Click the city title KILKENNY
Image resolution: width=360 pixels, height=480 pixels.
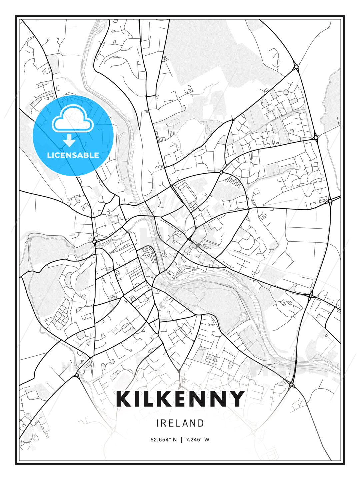pos(180,399)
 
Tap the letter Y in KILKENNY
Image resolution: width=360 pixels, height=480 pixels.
pos(237,399)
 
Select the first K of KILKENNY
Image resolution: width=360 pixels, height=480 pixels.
pos(124,399)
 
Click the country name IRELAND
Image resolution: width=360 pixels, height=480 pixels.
pos(180,423)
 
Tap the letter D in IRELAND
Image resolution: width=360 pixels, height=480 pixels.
pos(201,423)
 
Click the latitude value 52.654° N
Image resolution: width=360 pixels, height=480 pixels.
pos(164,440)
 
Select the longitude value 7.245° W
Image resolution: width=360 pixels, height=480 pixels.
pos(197,440)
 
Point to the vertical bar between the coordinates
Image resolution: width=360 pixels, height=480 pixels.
pos(181,440)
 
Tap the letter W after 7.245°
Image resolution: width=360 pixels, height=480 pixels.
pos(207,440)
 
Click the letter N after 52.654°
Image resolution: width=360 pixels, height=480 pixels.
pos(175,440)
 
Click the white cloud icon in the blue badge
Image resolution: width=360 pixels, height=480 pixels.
pos(72,119)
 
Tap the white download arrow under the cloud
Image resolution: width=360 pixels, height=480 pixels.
pos(69,141)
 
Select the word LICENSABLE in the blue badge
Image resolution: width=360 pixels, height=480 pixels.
pos(73,155)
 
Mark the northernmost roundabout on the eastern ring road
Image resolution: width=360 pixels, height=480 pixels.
pos(296,68)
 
